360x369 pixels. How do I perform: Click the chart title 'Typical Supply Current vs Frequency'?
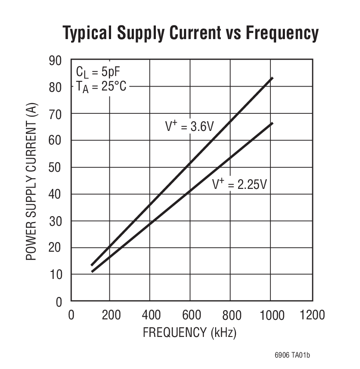(x=190, y=33)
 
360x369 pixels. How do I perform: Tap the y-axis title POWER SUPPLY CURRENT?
(x=31, y=181)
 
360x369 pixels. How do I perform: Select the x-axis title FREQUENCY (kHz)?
(x=190, y=333)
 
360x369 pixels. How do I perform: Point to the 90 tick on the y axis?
(x=56, y=60)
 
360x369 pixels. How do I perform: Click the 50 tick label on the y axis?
(x=56, y=167)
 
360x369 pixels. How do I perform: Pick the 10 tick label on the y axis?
(x=56, y=275)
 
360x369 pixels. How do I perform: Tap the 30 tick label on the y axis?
(x=56, y=221)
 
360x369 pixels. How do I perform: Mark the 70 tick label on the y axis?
(x=56, y=114)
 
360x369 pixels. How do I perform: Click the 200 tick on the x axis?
(x=111, y=315)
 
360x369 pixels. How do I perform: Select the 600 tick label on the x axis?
(x=191, y=315)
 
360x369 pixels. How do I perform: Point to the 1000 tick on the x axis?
(x=272, y=315)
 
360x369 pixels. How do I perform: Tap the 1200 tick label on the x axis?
(x=312, y=315)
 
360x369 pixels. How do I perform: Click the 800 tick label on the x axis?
(x=232, y=315)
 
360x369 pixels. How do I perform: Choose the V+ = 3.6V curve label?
(x=189, y=127)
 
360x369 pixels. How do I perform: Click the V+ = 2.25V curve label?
(x=239, y=184)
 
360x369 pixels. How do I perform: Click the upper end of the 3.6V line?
(x=272, y=78)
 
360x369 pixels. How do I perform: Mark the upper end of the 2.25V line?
(x=272, y=123)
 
